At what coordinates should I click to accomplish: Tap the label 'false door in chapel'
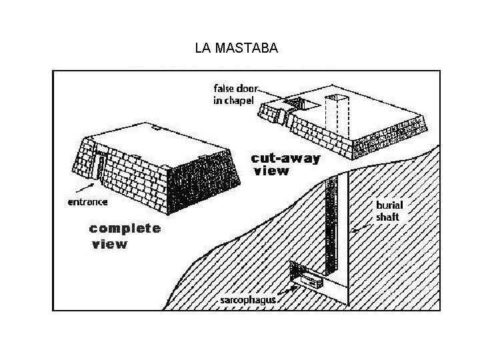234,94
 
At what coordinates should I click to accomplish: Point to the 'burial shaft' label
387,211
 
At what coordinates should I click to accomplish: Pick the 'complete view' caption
125,235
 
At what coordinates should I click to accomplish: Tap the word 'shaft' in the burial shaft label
387,217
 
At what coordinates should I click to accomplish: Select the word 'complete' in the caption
125,228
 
